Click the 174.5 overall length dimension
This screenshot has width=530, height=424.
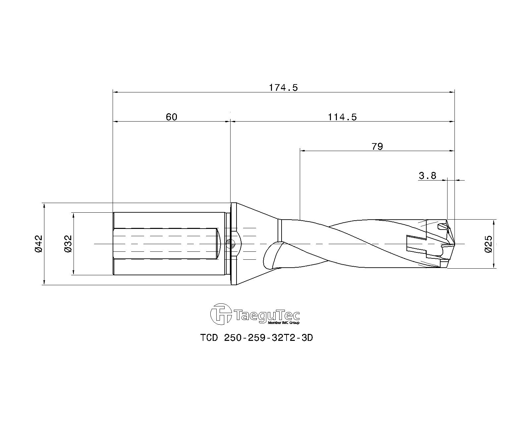283,88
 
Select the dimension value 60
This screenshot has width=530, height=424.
172,117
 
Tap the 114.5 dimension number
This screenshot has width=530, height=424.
342,117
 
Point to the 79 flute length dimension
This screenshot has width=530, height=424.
377,146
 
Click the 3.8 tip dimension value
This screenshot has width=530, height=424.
427,176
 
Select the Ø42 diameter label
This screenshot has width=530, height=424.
39,244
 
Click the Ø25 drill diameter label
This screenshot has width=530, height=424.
488,244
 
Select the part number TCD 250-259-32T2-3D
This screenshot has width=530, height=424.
256,338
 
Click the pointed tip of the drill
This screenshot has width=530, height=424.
454,244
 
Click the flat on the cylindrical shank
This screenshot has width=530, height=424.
166,243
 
